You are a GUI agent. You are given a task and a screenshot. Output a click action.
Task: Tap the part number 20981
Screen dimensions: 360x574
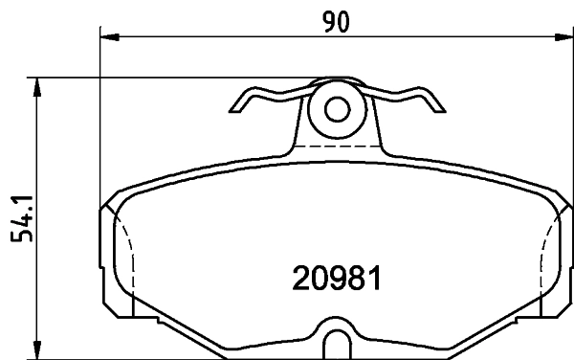(336, 280)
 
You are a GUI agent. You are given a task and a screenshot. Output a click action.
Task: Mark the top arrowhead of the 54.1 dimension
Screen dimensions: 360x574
(38, 86)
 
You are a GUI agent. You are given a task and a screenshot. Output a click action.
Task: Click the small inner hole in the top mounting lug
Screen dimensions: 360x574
(337, 109)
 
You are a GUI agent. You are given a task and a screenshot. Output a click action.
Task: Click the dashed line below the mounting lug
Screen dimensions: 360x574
(337, 146)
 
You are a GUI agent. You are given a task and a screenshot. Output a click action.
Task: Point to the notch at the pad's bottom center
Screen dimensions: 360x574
(337, 342)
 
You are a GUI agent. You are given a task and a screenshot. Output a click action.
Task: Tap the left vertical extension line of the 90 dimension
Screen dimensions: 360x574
(100, 115)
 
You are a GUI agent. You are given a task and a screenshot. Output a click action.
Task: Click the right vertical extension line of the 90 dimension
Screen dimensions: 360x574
(572, 115)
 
